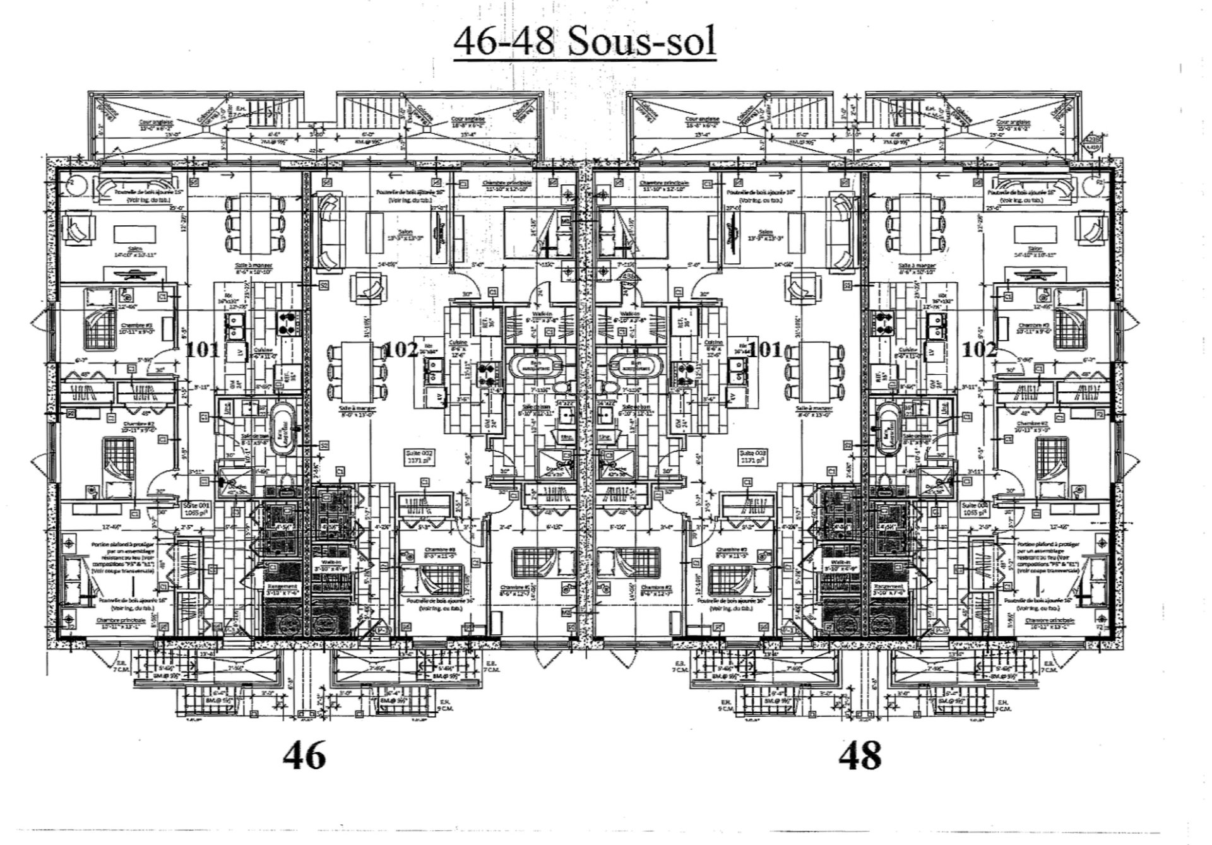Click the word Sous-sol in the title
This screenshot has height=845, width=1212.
pyautogui.click(x=641, y=42)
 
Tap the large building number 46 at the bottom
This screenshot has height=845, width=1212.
pyautogui.click(x=305, y=755)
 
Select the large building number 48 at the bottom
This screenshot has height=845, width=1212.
pyautogui.click(x=860, y=755)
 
